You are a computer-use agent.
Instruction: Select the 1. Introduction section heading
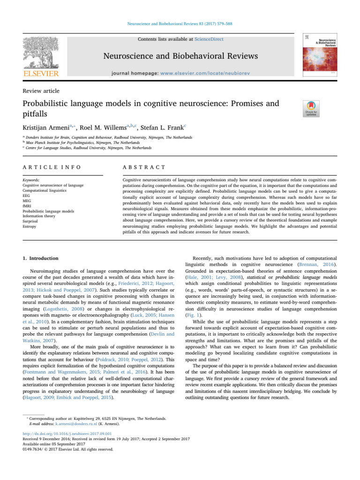tap(40, 258)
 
